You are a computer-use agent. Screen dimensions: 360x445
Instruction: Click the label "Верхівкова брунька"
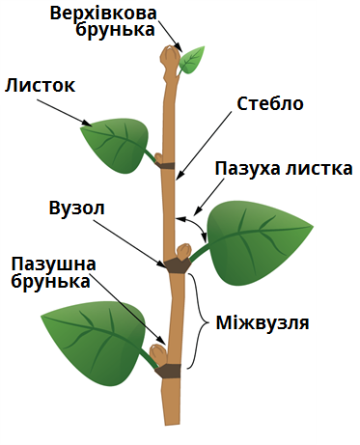[x=114, y=20]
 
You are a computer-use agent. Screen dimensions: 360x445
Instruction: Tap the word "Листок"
[x=40, y=85]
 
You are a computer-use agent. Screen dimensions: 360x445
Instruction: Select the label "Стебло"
[x=270, y=103]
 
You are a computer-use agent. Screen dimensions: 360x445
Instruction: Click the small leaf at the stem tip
[x=193, y=60]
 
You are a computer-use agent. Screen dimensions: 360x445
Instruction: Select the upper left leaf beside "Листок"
[x=117, y=142]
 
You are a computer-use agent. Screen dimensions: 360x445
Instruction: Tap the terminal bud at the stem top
[x=170, y=58]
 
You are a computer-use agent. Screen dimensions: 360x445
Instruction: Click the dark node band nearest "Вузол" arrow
[x=176, y=264]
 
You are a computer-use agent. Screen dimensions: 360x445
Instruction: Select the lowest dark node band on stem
[x=169, y=371]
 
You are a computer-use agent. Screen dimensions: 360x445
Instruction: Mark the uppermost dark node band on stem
[x=166, y=165]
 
